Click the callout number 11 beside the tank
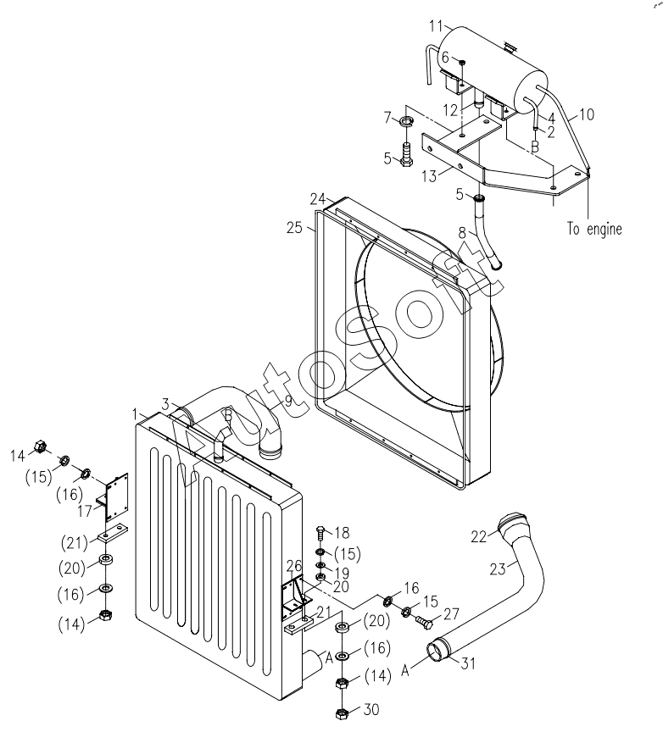[436, 26]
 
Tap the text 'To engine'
[594, 229]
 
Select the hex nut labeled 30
[343, 713]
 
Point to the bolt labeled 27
[424, 622]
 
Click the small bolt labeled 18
[321, 533]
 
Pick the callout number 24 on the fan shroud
[318, 199]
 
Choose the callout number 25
[295, 228]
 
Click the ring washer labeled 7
[406, 122]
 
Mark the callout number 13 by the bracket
[429, 176]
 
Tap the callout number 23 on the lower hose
[498, 569]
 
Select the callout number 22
[478, 537]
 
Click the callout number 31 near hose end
[468, 663]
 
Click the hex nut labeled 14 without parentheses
[41, 446]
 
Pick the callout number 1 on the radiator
[135, 414]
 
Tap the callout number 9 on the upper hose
[287, 401]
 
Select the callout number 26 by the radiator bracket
[294, 566]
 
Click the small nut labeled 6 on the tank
[461, 62]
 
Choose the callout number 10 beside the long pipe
[587, 114]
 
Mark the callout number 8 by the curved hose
[462, 232]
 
